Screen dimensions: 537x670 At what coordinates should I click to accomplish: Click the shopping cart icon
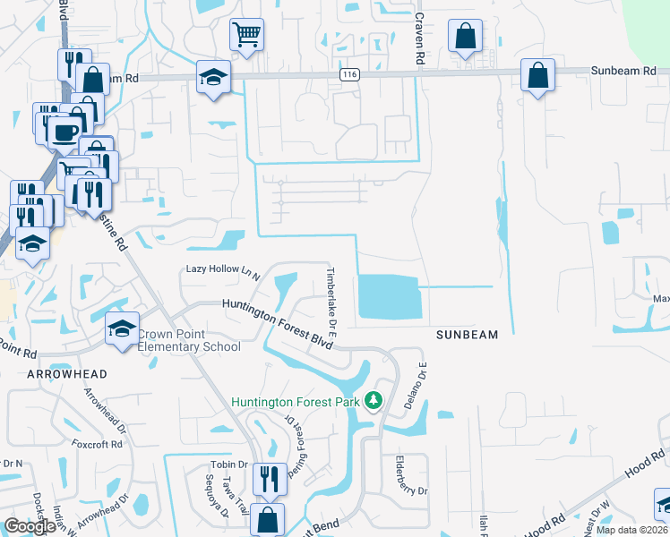[x=246, y=35]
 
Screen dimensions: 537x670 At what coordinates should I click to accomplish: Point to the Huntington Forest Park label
[x=296, y=402]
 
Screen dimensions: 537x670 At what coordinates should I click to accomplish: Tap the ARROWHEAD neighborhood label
[x=66, y=373]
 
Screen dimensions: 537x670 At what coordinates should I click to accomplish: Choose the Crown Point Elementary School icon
[x=122, y=328]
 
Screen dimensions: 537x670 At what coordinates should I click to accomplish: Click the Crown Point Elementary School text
[x=189, y=341]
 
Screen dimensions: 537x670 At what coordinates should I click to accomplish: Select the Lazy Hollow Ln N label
[x=222, y=269]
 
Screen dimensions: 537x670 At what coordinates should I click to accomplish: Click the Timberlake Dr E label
[x=331, y=300]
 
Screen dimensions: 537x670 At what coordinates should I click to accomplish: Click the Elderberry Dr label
[x=400, y=478]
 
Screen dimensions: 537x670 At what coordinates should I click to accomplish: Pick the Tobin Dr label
[x=228, y=465]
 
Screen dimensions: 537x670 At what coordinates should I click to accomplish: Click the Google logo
[x=30, y=526]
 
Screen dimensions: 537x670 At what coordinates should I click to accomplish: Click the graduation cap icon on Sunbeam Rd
[x=213, y=77]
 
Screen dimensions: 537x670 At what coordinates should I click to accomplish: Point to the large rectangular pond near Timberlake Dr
[x=388, y=296]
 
